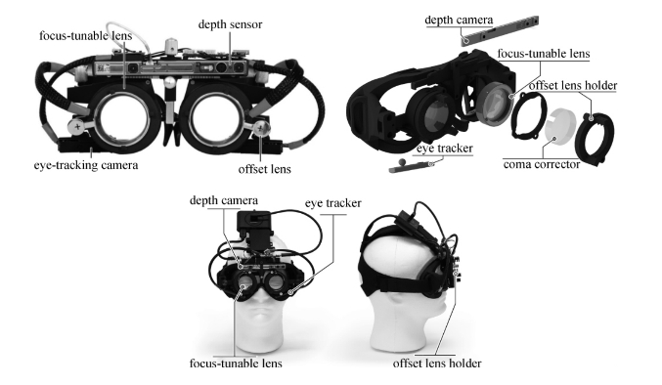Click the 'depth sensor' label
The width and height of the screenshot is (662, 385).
tap(230, 24)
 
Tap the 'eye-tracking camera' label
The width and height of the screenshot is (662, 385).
tap(86, 165)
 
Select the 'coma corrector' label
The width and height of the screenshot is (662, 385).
tap(542, 164)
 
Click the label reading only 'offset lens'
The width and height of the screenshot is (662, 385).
tap(264, 169)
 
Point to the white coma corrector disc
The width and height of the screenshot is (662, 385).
tap(560, 127)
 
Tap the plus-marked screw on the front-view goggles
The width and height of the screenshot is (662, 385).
tap(78, 126)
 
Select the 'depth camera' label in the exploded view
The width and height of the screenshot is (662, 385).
tap(459, 20)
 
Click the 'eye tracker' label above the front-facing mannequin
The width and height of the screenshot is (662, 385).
tap(333, 203)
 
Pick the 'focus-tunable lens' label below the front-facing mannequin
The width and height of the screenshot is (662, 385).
tap(236, 364)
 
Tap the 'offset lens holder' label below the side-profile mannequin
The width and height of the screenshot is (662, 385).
tap(437, 364)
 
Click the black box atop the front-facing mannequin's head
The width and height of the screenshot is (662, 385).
tap(253, 229)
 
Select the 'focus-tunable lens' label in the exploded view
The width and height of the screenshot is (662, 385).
tap(544, 54)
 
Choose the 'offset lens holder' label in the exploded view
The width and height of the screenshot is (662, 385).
tap(573, 86)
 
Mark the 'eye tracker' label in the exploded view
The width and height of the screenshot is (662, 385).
tap(445, 149)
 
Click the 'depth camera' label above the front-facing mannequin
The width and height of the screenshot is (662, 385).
tap(224, 200)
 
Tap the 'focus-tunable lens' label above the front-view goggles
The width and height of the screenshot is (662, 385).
tap(86, 36)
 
